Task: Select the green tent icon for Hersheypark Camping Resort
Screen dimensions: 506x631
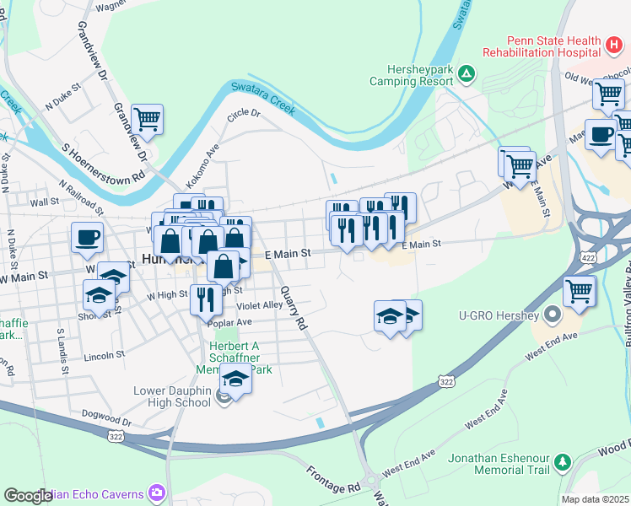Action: click(466, 75)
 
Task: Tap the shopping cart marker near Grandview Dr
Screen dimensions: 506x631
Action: click(147, 120)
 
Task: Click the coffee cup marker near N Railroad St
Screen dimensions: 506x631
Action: click(87, 237)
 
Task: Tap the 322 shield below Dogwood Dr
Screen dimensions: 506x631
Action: click(117, 435)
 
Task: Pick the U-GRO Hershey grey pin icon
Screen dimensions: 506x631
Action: click(553, 315)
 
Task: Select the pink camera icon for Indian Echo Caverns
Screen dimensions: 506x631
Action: click(157, 492)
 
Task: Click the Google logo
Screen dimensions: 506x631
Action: click(28, 496)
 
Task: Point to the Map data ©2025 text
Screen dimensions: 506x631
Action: click(596, 499)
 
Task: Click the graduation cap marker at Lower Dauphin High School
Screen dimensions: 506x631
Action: click(235, 380)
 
